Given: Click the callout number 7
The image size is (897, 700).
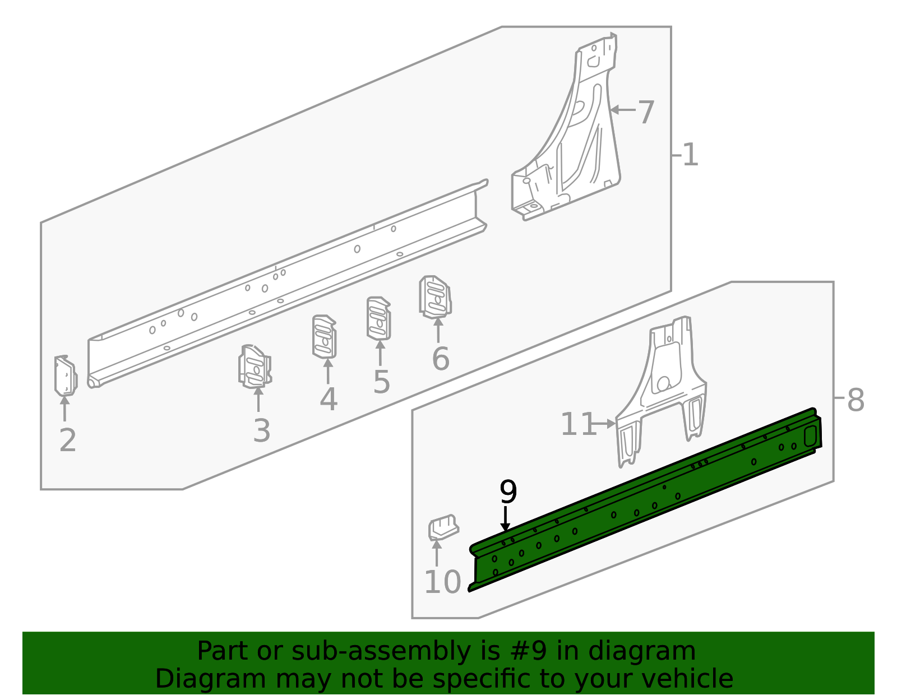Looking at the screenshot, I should [x=646, y=112].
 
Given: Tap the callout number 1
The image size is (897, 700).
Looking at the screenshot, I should [x=690, y=155].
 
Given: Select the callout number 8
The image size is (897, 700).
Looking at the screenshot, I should [x=856, y=401].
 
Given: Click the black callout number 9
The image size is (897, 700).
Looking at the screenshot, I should [x=508, y=492].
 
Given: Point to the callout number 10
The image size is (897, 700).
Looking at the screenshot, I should [x=442, y=582].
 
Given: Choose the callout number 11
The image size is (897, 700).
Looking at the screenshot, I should [x=578, y=424].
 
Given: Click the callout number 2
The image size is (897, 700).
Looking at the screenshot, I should [x=67, y=441].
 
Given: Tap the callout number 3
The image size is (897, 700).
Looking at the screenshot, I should [x=261, y=431].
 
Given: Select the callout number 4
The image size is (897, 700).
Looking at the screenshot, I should [x=329, y=400].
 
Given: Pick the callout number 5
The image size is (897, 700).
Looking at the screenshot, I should [x=381, y=382].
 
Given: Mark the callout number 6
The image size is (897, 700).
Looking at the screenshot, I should [x=440, y=359].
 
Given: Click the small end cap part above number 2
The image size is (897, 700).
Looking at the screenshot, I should [x=65, y=376].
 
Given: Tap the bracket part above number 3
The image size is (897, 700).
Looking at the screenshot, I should [x=255, y=367].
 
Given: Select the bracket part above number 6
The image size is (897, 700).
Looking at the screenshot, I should [x=435, y=296].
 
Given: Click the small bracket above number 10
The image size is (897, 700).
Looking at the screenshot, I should [x=443, y=527].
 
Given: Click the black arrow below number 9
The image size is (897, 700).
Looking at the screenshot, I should [x=506, y=518].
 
